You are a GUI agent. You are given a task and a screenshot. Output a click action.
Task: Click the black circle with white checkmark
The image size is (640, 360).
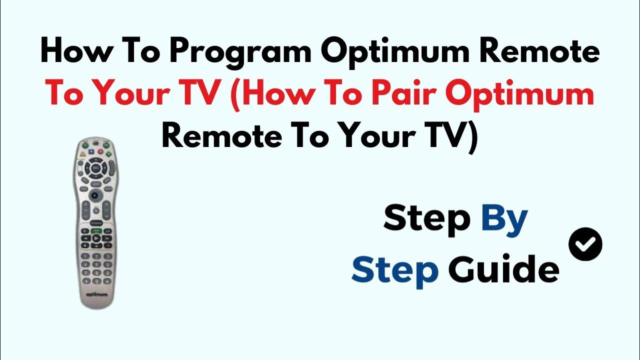click(585, 244)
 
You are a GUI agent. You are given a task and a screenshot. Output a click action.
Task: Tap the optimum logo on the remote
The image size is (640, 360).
click(96, 295)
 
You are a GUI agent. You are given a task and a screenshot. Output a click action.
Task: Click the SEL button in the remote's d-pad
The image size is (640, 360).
click(96, 168)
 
